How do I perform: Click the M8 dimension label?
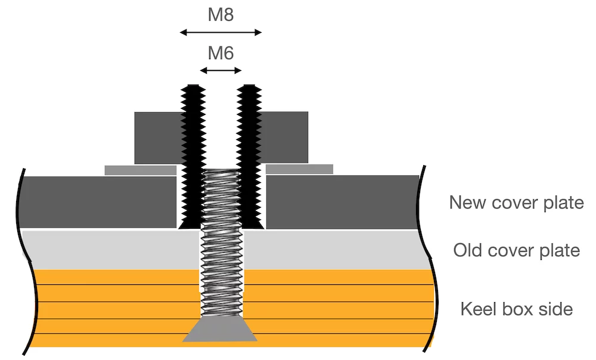coord(221,15)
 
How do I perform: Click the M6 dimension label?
coord(221,53)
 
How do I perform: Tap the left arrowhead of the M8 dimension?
coord(183,33)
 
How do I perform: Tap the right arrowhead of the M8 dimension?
coord(258,33)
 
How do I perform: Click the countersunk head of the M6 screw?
coord(220,330)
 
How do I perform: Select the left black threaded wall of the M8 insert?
coord(193,157)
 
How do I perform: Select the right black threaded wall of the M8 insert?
coord(249,157)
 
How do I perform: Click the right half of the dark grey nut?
coord(284,137)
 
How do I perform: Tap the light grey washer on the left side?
coord(141,170)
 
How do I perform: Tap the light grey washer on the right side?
coord(300,169)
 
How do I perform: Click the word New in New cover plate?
coord(467,202)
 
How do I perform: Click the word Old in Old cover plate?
coord(468,250)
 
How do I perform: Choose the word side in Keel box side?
coord(556,309)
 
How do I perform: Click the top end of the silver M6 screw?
coord(221,170)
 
